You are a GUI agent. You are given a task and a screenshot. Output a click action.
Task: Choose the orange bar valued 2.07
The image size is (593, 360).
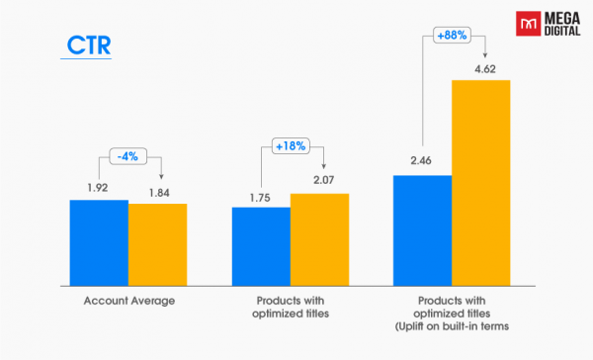[x=319, y=230]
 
